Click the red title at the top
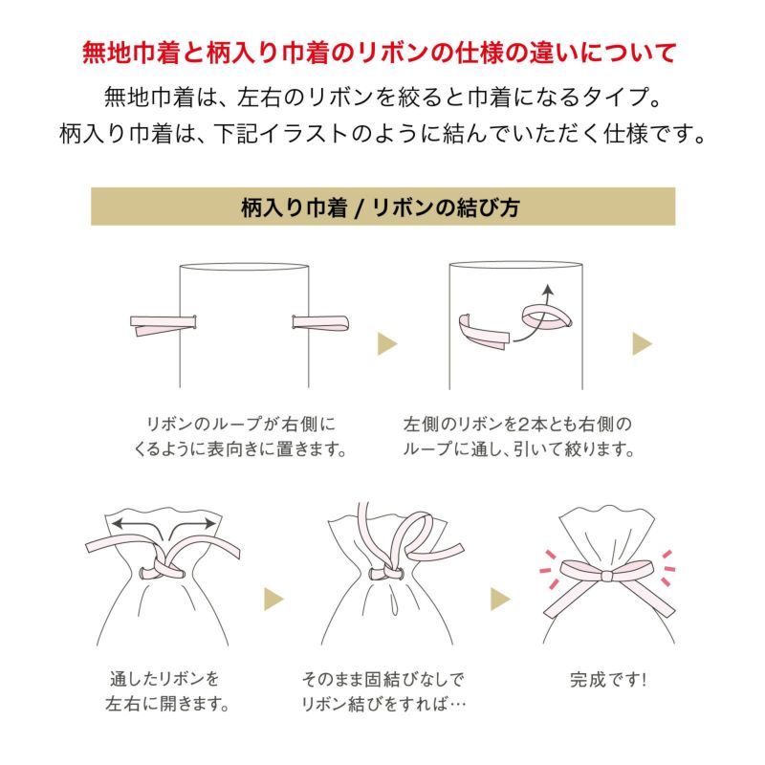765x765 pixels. [x=382, y=50]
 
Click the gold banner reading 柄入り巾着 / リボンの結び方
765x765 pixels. [x=382, y=207]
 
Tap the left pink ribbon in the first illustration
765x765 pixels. [x=163, y=325]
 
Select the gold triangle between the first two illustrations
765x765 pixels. [x=387, y=343]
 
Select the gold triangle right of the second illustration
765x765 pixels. [x=643, y=343]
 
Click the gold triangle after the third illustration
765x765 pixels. [x=274, y=600]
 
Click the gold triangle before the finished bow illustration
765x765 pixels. [x=500, y=600]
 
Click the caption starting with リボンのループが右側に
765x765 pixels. [x=243, y=435]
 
